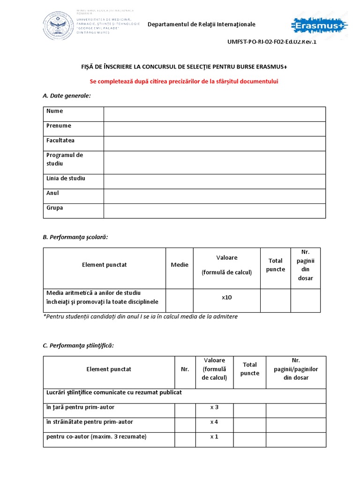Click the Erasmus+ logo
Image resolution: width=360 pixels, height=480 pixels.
(x=320, y=25)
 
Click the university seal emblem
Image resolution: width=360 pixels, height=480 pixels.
(x=59, y=25)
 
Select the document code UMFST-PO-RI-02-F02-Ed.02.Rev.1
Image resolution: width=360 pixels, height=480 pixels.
(x=272, y=42)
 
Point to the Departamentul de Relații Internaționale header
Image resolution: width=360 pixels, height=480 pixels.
(x=202, y=24)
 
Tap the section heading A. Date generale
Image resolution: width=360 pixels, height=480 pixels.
(x=67, y=96)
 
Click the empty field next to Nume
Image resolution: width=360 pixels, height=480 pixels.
(x=214, y=114)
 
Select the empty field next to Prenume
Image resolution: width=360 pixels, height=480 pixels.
(x=214, y=129)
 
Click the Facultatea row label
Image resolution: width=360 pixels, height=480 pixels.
(x=60, y=141)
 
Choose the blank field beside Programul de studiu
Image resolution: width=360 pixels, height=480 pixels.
(x=214, y=162)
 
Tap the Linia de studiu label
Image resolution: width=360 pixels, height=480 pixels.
(x=66, y=179)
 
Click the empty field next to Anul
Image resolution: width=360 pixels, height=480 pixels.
(x=214, y=196)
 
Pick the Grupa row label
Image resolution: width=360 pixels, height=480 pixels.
(x=54, y=208)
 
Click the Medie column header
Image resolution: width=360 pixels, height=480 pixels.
(x=180, y=265)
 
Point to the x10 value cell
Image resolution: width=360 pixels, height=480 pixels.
(x=227, y=298)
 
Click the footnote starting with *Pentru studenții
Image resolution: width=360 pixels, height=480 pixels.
(x=140, y=316)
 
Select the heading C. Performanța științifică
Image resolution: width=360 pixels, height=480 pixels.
(x=78, y=345)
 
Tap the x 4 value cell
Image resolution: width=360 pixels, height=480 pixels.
(x=214, y=422)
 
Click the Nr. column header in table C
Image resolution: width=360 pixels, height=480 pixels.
(x=185, y=369)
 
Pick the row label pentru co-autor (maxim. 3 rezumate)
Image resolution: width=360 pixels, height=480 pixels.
(x=96, y=436)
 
